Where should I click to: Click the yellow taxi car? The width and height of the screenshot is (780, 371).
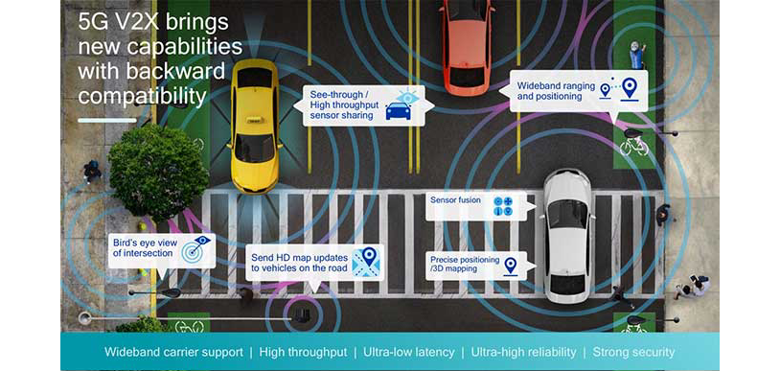click(255, 125)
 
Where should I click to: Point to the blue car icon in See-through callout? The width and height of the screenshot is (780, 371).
click(398, 111)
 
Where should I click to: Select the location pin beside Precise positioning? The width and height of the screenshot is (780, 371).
click(510, 265)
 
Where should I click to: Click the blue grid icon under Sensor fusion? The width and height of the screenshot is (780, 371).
click(502, 206)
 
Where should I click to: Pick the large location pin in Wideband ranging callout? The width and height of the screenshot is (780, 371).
click(629, 89)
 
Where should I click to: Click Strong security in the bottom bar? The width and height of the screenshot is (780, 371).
click(633, 352)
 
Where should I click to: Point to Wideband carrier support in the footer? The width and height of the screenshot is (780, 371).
click(172, 352)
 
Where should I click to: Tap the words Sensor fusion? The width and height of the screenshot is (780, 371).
click(456, 201)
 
